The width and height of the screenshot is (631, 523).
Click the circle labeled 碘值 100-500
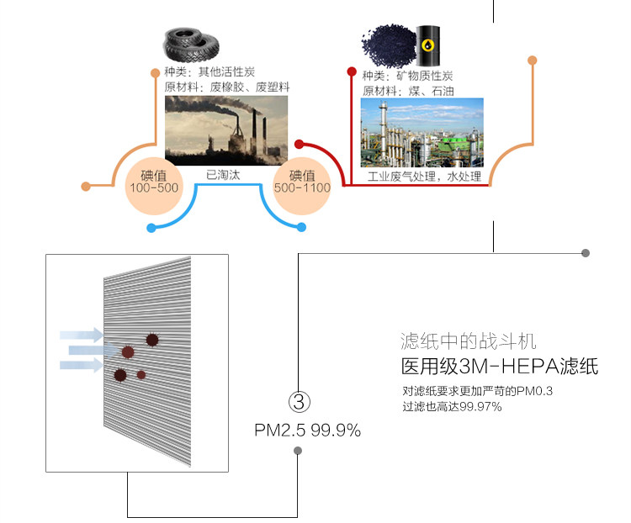[x=152, y=183]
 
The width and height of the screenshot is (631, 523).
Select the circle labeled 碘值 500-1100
[x=302, y=183]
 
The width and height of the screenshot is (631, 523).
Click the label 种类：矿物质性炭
[x=407, y=74]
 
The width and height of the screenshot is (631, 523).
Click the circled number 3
[x=299, y=399]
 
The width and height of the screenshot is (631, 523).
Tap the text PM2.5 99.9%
[x=307, y=431]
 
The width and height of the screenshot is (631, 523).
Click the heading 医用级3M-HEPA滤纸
[x=499, y=367]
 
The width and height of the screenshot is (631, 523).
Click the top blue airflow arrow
[x=81, y=335]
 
